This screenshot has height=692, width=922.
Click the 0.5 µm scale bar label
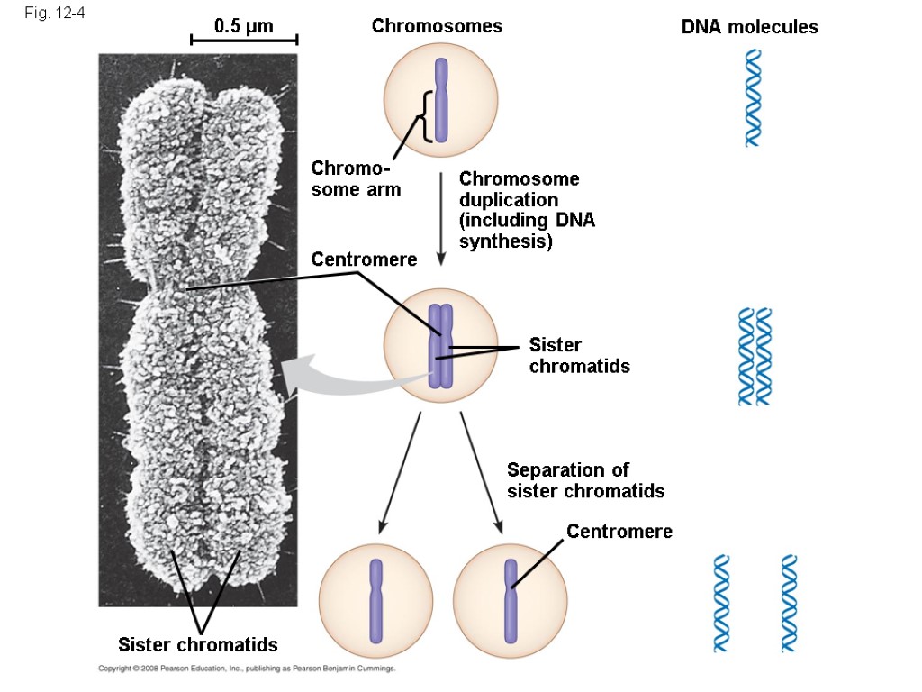click(243, 26)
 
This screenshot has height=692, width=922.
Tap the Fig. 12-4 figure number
click(53, 14)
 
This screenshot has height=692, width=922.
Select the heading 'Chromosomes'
click(437, 26)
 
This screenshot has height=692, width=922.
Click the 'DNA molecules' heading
click(749, 27)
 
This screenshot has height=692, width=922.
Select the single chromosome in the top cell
click(440, 100)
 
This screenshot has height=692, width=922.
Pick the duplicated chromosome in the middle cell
click(439, 346)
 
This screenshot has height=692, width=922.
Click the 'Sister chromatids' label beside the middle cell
click(579, 355)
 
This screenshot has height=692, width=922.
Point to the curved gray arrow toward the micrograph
click(342, 378)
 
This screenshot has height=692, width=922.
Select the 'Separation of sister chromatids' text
click(585, 480)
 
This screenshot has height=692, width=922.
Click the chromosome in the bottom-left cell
click(376, 600)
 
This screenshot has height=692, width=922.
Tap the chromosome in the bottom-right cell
click(511, 600)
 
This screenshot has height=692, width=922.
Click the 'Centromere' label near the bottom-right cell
click(619, 532)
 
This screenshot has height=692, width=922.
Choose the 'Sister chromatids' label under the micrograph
click(198, 644)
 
